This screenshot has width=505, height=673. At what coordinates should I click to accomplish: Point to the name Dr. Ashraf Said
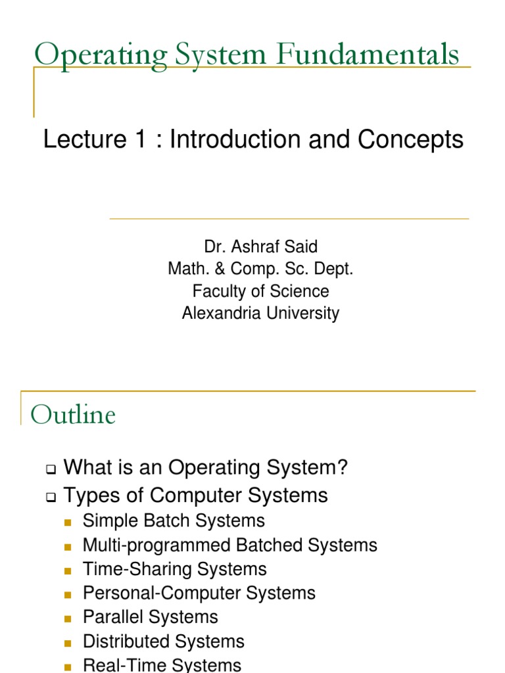(261, 247)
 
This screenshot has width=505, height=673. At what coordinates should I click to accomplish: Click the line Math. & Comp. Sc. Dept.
(261, 269)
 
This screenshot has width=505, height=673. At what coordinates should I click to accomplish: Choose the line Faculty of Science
(261, 291)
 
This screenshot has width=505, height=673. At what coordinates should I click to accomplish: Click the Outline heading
(74, 415)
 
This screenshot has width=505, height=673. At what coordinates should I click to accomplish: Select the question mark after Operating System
(341, 468)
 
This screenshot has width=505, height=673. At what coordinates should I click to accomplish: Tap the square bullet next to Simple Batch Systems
(68, 522)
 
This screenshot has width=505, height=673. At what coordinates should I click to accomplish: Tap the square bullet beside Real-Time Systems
(68, 666)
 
